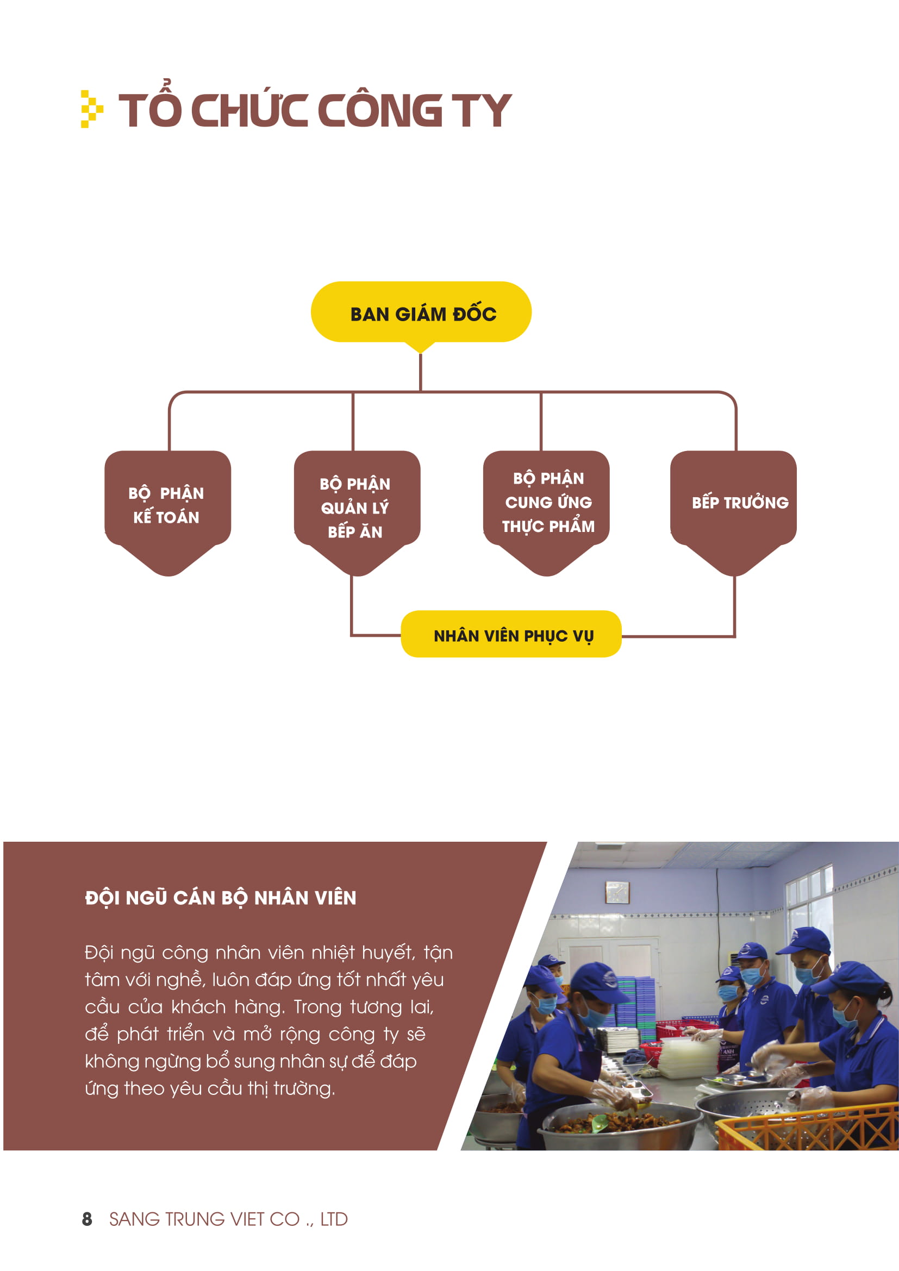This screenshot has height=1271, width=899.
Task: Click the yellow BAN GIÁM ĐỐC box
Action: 421,312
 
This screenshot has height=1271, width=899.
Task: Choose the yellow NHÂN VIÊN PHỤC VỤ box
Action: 511,634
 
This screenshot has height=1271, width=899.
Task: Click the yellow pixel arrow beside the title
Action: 92,109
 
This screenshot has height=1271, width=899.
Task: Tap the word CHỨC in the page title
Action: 249,110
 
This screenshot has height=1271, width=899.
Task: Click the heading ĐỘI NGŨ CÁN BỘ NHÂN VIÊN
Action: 220,897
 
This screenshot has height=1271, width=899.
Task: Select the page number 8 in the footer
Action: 87,1219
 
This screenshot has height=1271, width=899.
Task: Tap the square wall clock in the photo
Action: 617,892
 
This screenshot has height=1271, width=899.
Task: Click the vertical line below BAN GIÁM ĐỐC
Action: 421,372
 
